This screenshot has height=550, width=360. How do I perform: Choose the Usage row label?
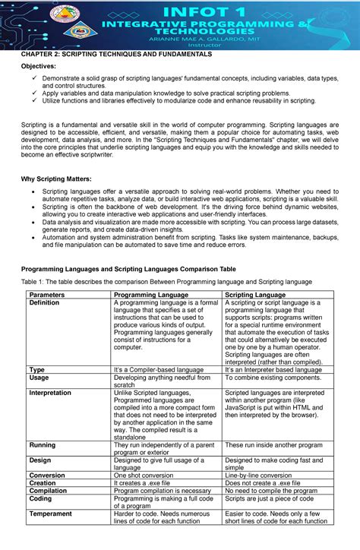point(39,378)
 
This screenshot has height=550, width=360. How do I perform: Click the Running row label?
point(42,445)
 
